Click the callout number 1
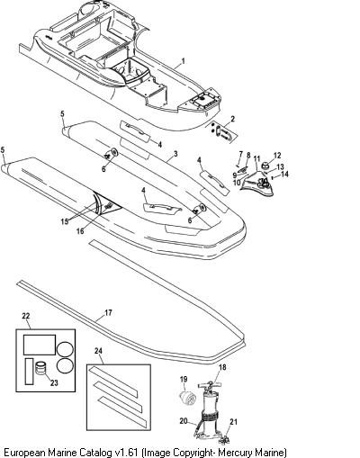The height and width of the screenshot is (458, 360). pos(183,61)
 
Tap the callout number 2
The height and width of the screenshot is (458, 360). pos(233,120)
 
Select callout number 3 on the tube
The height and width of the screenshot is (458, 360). pos(175,154)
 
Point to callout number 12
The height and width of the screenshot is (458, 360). pos(277,156)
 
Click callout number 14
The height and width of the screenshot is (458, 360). pos(284,174)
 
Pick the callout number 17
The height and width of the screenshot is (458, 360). pos(108,312)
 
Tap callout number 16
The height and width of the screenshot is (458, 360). pos(80,231)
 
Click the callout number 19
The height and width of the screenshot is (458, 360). pos(184,379)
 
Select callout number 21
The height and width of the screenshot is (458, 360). pos(233,422)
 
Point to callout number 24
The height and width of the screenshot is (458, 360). pos(98,350)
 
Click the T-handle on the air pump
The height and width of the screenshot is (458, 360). pos(210,384)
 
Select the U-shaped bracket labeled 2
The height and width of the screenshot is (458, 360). pos(223,132)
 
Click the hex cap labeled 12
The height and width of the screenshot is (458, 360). pos(265,165)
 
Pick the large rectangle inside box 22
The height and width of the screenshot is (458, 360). pos(40,345)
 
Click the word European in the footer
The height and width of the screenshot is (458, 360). pos(24,452)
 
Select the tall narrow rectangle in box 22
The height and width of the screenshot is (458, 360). pos(29,371)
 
